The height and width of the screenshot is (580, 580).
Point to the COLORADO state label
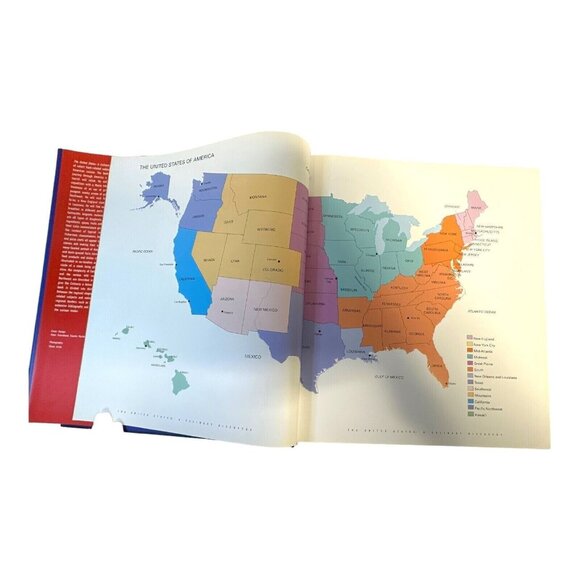[274, 267]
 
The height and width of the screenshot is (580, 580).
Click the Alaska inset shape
[160, 190]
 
